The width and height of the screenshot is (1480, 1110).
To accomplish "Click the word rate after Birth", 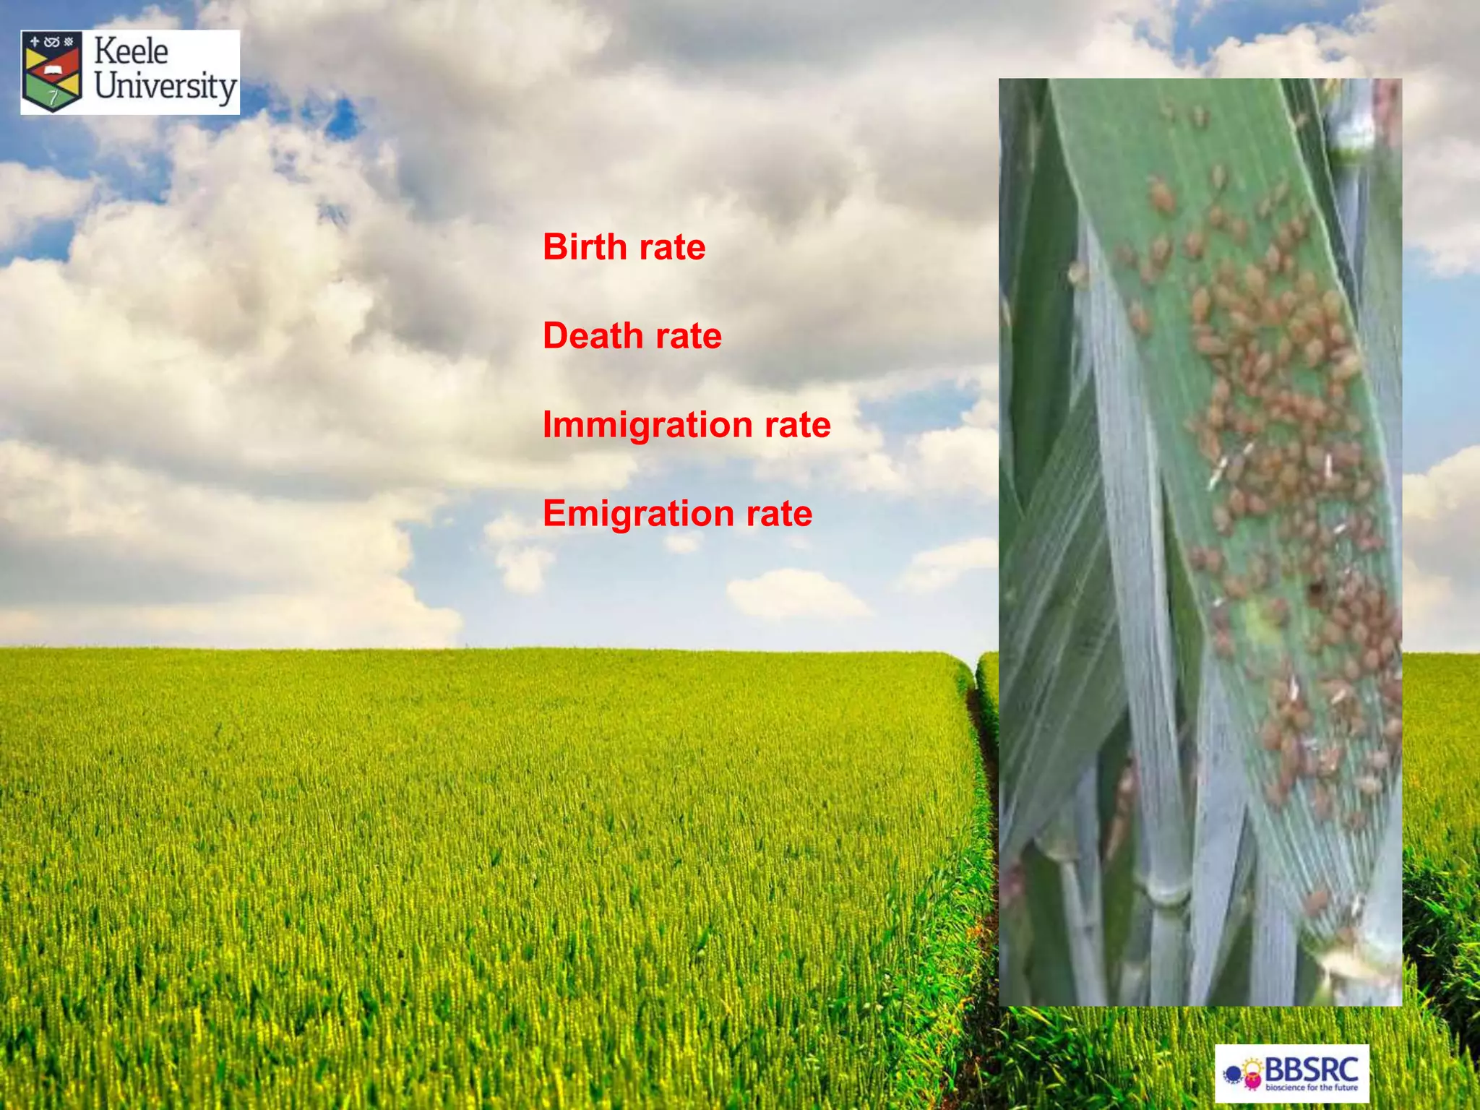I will tap(673, 248).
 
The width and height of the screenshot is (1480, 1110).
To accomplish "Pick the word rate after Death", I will tap(689, 337).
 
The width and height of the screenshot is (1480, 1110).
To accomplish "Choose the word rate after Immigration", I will tap(798, 425).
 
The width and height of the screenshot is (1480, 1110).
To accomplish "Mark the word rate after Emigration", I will tap(779, 514).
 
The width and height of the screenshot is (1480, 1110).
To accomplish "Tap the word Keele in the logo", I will tap(131, 52).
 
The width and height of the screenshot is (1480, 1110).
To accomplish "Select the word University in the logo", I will tap(165, 87).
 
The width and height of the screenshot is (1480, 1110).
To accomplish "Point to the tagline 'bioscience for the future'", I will tap(1312, 1087).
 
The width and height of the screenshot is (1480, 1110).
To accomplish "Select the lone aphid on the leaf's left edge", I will tap(1077, 272).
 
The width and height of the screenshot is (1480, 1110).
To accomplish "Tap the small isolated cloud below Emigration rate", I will tap(795, 594).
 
